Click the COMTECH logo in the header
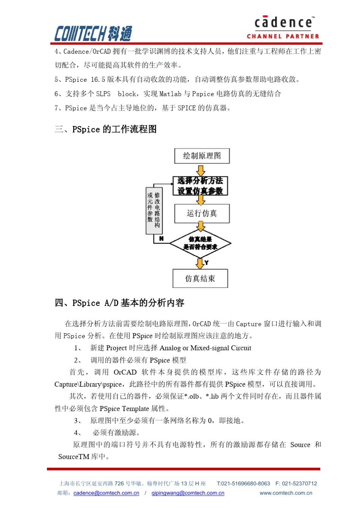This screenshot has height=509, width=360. (x=93, y=33)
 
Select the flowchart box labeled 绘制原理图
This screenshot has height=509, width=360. (x=202, y=156)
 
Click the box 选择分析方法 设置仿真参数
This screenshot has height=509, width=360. (x=200, y=186)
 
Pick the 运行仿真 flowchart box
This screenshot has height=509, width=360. (x=202, y=213)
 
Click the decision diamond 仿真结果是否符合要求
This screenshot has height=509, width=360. (x=200, y=243)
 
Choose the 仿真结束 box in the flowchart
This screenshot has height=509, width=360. (x=200, y=278)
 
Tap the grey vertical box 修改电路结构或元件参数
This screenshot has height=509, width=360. (x=154, y=211)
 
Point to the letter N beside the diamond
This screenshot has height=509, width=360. (x=161, y=239)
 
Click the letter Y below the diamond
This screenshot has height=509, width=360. (x=207, y=262)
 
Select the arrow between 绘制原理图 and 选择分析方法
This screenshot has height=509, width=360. (x=201, y=170)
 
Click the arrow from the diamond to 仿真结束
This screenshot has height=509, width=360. (x=200, y=263)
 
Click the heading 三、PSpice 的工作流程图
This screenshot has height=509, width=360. (x=106, y=129)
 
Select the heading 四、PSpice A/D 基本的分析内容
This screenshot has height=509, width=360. (x=120, y=303)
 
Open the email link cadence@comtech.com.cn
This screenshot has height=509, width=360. (x=106, y=493)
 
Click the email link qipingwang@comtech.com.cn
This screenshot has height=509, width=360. (x=188, y=493)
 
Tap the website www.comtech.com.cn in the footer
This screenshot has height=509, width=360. (x=286, y=493)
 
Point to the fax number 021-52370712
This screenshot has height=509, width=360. (x=299, y=483)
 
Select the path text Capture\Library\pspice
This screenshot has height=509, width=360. (x=88, y=384)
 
